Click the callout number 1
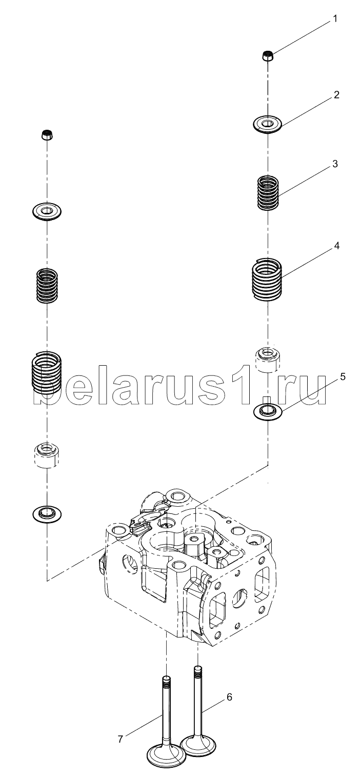[335, 19]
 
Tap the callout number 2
[336, 95]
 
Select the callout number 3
[335, 164]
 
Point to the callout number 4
[336, 246]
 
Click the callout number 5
[343, 376]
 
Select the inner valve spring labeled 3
[268, 193]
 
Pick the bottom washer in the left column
[47, 513]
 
